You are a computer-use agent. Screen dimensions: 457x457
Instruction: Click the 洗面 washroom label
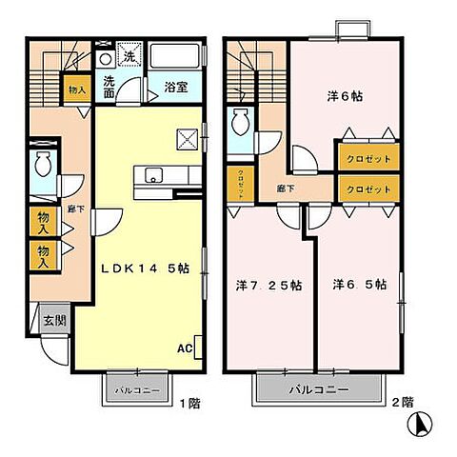point(109,87)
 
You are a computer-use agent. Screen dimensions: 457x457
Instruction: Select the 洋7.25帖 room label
point(269,285)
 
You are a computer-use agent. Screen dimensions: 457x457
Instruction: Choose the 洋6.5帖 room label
point(360,284)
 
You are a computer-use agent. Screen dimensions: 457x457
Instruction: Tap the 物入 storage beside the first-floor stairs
point(76,90)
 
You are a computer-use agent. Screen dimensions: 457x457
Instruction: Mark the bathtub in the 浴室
point(176,56)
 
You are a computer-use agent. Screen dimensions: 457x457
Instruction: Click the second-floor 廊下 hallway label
point(286,189)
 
